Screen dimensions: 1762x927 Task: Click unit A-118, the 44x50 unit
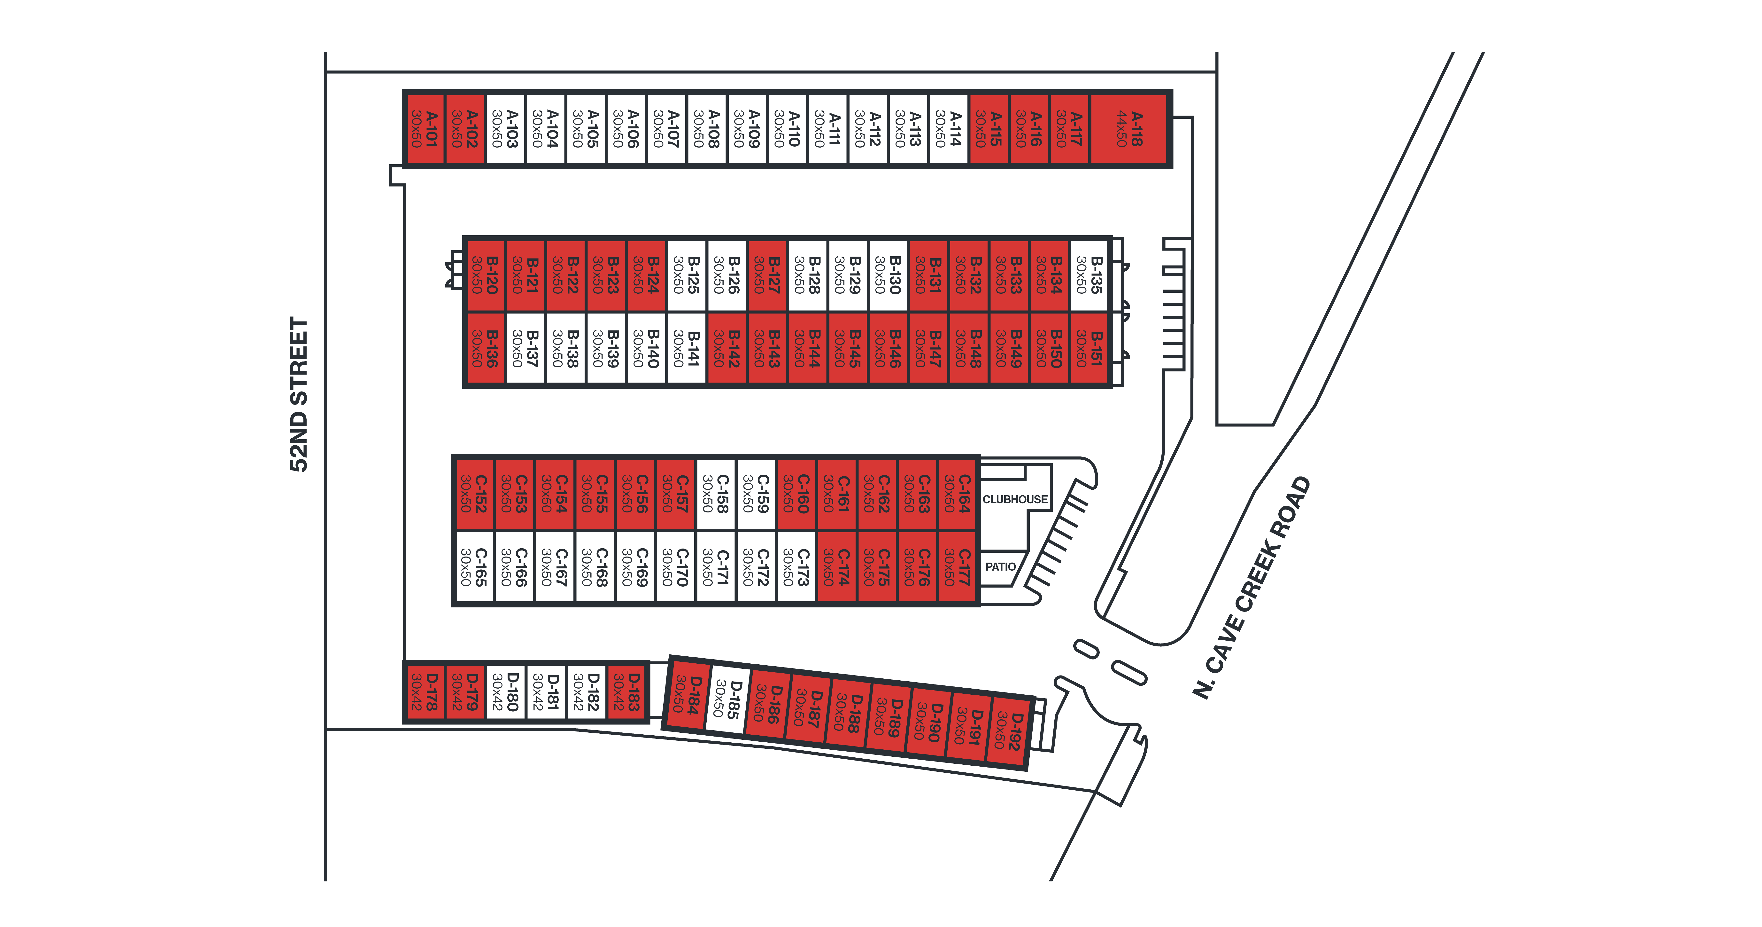coord(1128,129)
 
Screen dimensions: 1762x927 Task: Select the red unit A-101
coord(425,129)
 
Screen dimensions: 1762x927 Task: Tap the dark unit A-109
coord(747,129)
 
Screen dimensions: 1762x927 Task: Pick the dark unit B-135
coord(1089,275)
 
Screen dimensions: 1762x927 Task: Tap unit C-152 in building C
coord(474,494)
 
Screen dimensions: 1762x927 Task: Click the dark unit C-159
coord(756,494)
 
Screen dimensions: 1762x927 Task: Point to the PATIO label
coord(1001,566)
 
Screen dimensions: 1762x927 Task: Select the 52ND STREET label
coord(299,395)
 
